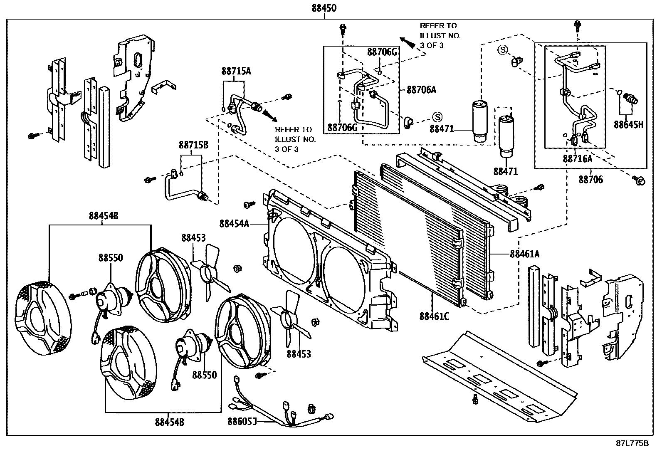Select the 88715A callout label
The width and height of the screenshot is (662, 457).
[236, 71]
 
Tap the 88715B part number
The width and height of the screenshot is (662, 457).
[193, 145]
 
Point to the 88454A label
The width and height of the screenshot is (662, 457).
[234, 224]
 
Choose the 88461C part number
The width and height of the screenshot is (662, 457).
[434, 316]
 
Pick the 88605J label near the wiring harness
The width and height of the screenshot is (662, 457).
[242, 422]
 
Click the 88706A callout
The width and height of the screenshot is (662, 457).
[421, 89]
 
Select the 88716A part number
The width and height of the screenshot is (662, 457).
[577, 158]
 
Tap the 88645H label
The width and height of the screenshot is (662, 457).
[628, 124]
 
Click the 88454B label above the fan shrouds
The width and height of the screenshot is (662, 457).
[104, 216]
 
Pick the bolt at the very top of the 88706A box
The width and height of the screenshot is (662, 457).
[343, 28]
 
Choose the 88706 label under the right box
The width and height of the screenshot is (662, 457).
[590, 180]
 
